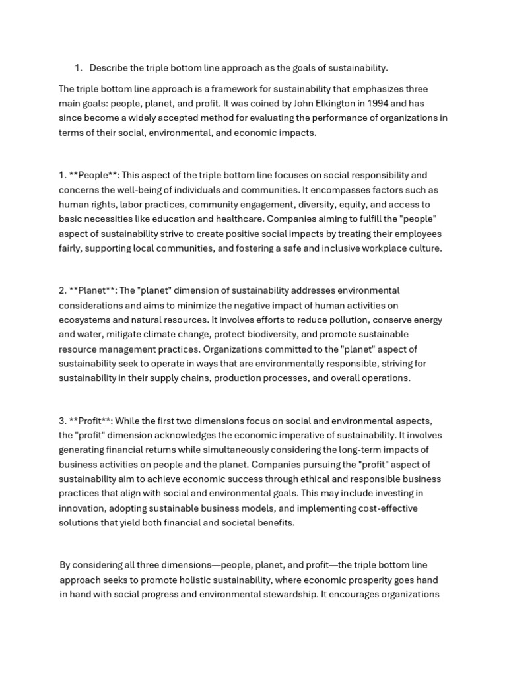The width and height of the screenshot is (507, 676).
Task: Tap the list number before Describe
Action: click(78, 68)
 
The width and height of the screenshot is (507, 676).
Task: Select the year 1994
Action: click(308, 104)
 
